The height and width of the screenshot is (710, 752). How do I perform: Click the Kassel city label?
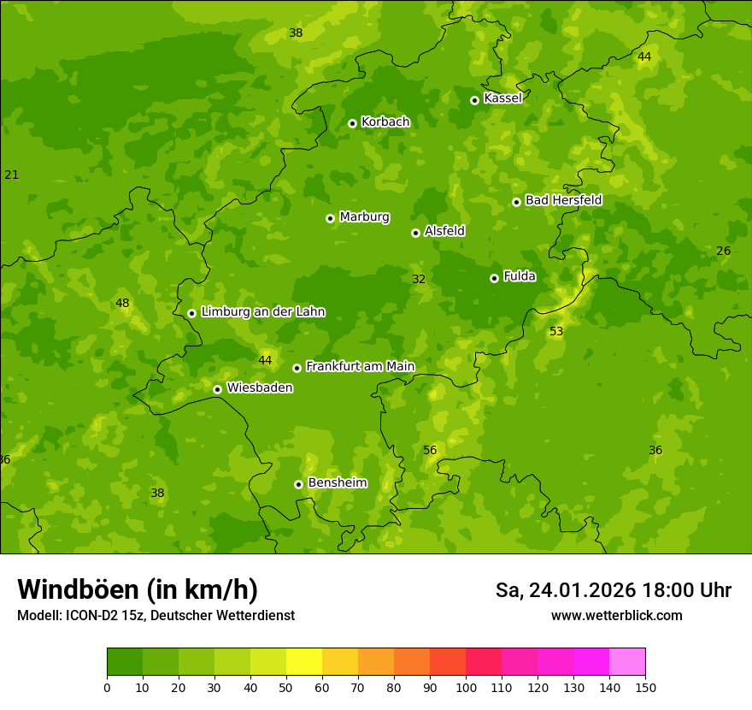502,98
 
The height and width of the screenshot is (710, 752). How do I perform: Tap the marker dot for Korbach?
352,123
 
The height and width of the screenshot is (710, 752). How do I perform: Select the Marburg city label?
364,217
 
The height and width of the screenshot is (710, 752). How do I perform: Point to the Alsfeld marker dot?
415,233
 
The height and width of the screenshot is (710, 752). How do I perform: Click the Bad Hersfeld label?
563,200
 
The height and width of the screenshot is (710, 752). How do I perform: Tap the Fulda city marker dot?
494,278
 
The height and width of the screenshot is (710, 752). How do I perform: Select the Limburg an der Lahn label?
262,312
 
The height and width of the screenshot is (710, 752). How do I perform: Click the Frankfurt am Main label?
360,367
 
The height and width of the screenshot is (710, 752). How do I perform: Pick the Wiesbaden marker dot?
217,389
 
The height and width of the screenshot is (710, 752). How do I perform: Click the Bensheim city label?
337,483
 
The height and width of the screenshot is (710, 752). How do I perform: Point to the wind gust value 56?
430,451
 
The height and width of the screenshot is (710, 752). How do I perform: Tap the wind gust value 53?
556,332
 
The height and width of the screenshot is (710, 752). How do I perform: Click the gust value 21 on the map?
11,175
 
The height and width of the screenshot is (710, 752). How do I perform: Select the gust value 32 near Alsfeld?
419,280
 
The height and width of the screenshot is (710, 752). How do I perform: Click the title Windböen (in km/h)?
138,589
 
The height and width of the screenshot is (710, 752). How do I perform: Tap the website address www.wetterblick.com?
616,616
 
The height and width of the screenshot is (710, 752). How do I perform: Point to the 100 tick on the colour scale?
466,687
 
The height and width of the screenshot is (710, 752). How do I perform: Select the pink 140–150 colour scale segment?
627,661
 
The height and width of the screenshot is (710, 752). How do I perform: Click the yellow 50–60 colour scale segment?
304,661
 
